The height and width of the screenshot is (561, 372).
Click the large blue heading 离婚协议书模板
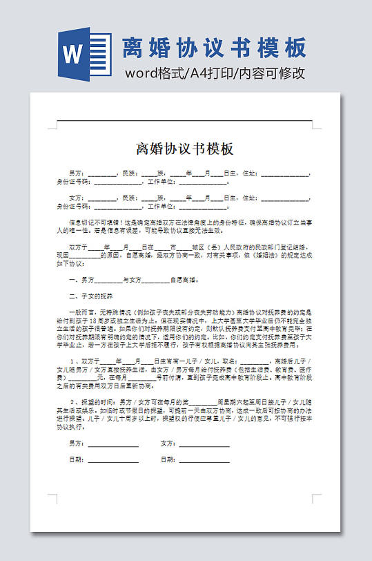click(214, 48)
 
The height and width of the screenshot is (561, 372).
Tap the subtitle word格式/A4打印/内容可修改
click(214, 73)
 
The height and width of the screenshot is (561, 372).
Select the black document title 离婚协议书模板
click(185, 149)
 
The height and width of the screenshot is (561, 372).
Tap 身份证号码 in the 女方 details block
click(72, 206)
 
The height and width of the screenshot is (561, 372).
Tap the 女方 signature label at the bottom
click(168, 444)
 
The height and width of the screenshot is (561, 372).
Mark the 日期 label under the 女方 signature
click(168, 459)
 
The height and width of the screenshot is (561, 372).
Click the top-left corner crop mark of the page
click(53, 126)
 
